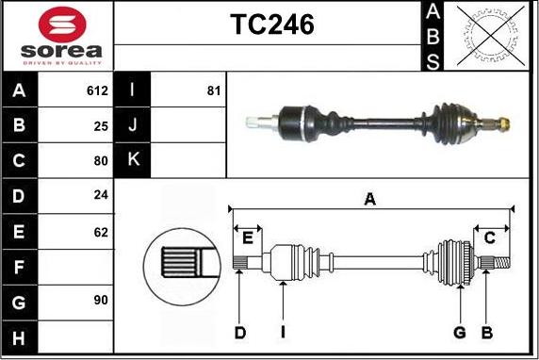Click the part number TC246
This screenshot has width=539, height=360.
tap(272, 25)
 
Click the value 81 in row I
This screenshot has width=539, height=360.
tap(213, 91)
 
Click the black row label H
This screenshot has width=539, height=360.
tap(20, 335)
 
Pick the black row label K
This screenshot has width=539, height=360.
tap(132, 160)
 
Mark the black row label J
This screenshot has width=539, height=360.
tap(132, 125)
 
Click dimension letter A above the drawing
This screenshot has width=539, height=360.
tap(370, 199)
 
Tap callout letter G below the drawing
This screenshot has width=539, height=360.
tap(460, 332)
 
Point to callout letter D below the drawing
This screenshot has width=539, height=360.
tap(240, 332)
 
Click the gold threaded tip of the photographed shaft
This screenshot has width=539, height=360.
tap(504, 123)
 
